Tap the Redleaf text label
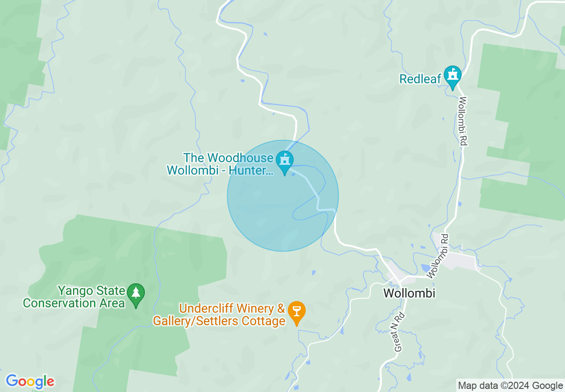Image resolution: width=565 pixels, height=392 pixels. [x=420, y=79]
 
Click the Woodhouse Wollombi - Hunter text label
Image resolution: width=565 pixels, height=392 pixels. [x=220, y=164]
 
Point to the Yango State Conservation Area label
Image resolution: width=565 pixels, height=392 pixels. [x=74, y=297]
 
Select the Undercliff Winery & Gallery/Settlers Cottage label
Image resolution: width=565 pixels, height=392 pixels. [x=219, y=314]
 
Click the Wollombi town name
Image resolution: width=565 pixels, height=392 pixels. [x=409, y=294]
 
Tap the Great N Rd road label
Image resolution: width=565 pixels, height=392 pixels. [x=399, y=332]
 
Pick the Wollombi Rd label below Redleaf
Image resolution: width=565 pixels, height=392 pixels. [x=463, y=121]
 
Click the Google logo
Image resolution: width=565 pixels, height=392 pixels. [x=30, y=381]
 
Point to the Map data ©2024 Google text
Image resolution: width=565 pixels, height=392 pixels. [x=511, y=386]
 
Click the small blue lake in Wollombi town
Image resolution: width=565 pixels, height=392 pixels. [x=425, y=268]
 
